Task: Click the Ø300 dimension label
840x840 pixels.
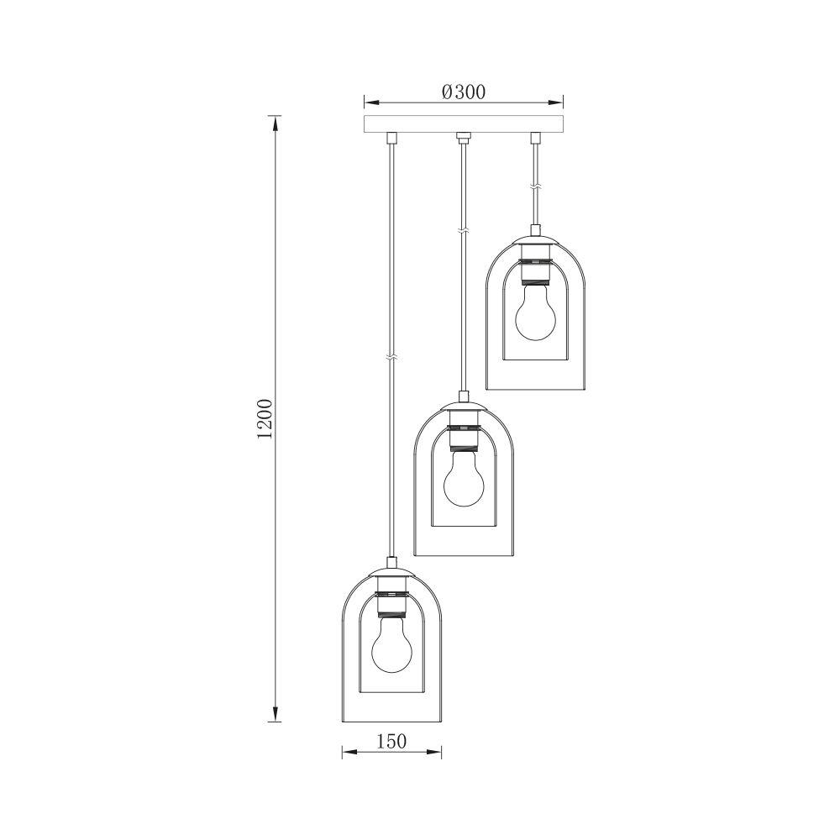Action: [x=463, y=92]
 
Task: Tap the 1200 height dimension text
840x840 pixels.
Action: [x=265, y=418]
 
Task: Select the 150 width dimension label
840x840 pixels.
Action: [x=391, y=741]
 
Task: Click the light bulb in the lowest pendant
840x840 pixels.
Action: [x=391, y=646]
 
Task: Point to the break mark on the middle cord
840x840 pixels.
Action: [x=462, y=228]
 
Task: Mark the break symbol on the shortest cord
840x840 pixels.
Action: [x=534, y=186]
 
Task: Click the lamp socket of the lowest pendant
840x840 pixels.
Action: [x=391, y=602]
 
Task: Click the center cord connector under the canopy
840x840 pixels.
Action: [x=462, y=136]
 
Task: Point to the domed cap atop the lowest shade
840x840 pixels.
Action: [x=391, y=575]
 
